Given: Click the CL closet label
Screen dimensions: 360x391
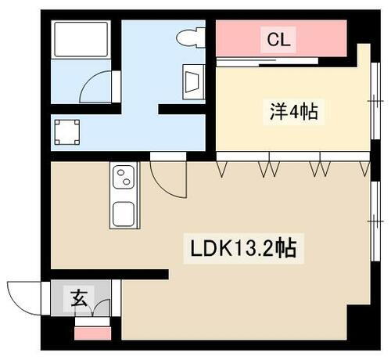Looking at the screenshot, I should (279, 40).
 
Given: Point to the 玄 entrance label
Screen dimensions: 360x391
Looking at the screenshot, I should (80, 297).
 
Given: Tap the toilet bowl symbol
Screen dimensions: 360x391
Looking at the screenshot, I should (189, 37).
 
